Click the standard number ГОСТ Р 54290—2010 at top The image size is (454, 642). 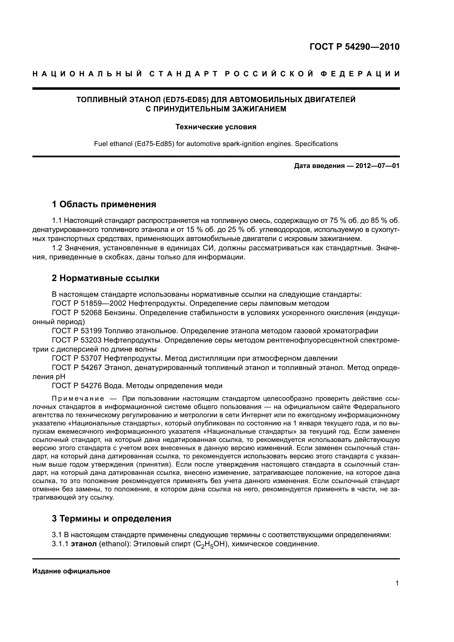pyautogui.click(x=354, y=47)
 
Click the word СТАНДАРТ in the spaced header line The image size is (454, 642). pyautogui.click(x=183, y=74)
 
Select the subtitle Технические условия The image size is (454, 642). pyautogui.click(x=216, y=127)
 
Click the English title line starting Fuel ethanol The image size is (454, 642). pyautogui.click(x=216, y=144)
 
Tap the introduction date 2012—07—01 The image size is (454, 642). pyautogui.click(x=377, y=166)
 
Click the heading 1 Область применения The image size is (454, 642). pyautogui.click(x=104, y=204)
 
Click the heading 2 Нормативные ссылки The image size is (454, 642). pyautogui.click(x=106, y=278)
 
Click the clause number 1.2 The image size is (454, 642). pyautogui.click(x=57, y=248)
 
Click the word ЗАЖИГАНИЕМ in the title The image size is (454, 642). pyautogui.click(x=259, y=109)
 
